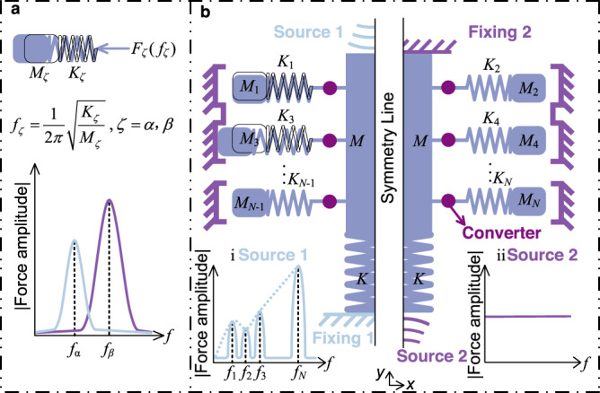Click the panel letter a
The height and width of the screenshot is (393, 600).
point(13,13)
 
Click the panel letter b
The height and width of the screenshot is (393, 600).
point(206,13)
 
